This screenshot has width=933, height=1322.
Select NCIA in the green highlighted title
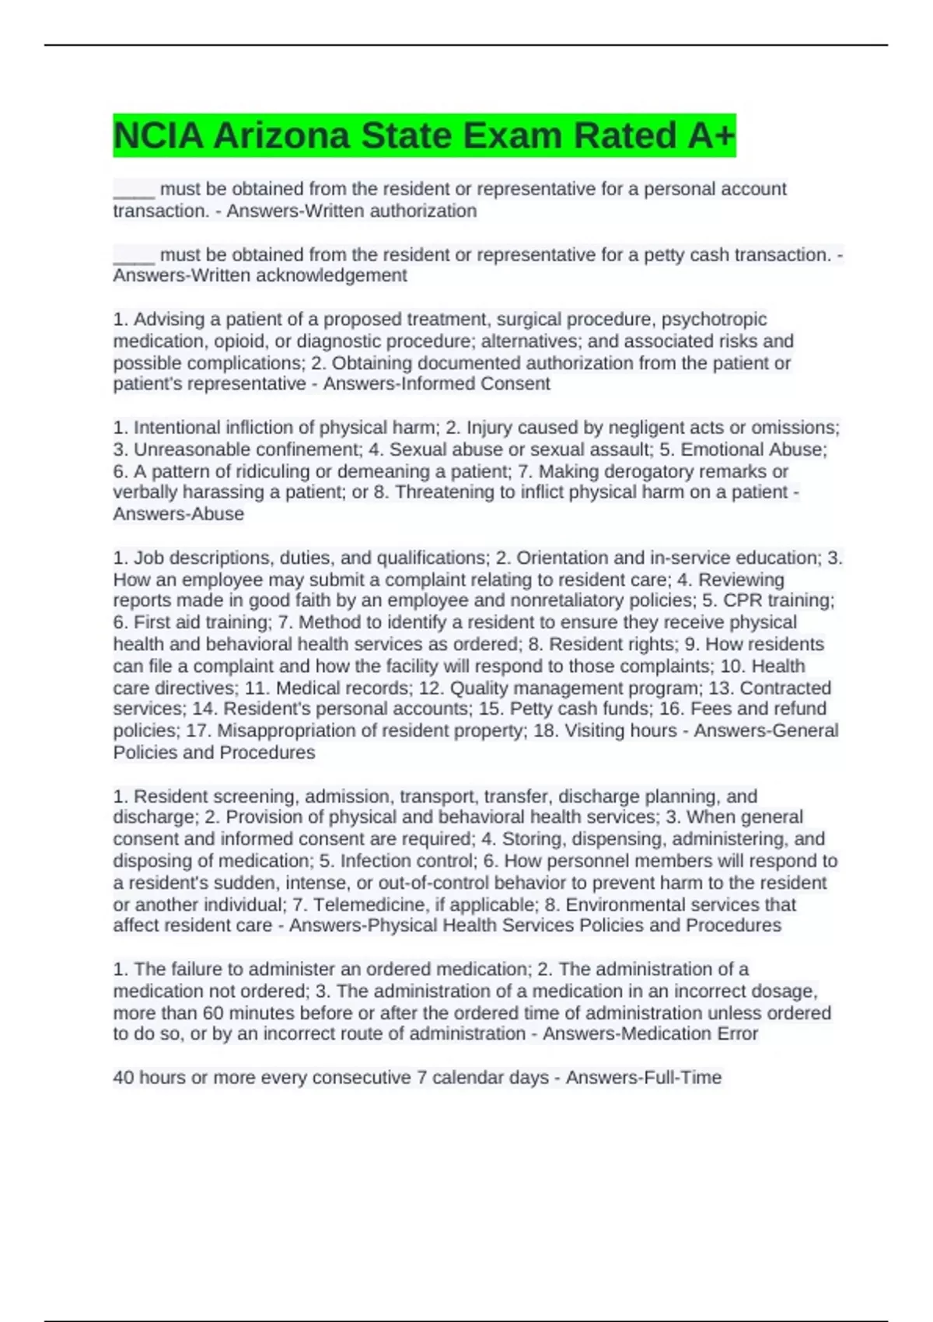click(x=159, y=136)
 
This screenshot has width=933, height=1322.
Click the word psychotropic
click(x=714, y=319)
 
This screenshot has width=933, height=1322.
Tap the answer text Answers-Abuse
click(x=179, y=514)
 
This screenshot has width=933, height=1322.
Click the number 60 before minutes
click(x=213, y=1012)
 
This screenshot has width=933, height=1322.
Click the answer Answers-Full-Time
click(x=644, y=1077)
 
